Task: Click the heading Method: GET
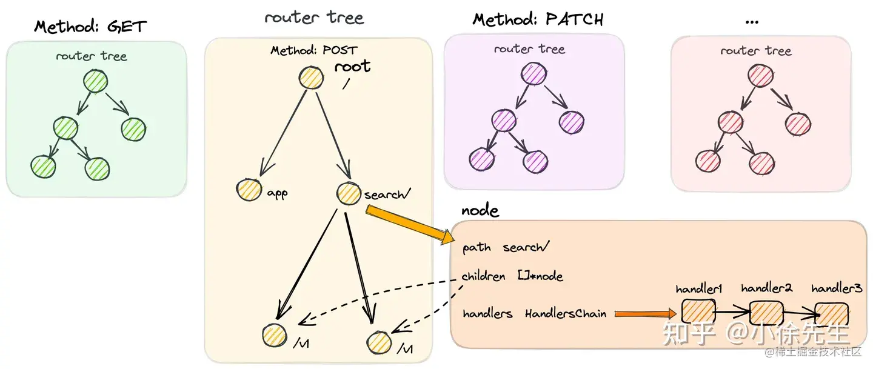90,27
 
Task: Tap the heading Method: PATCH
538,20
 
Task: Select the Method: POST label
314,50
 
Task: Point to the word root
352,67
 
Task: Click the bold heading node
480,211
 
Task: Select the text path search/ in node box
506,247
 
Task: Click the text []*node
540,276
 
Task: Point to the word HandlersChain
566,314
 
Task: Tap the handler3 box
831,313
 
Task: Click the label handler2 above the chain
766,288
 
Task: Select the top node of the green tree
95,82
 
